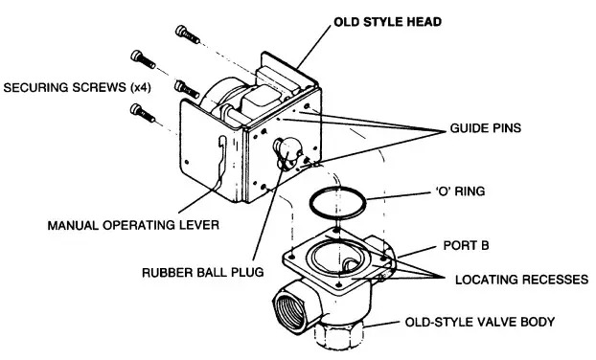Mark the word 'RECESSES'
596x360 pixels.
pos(555,280)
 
